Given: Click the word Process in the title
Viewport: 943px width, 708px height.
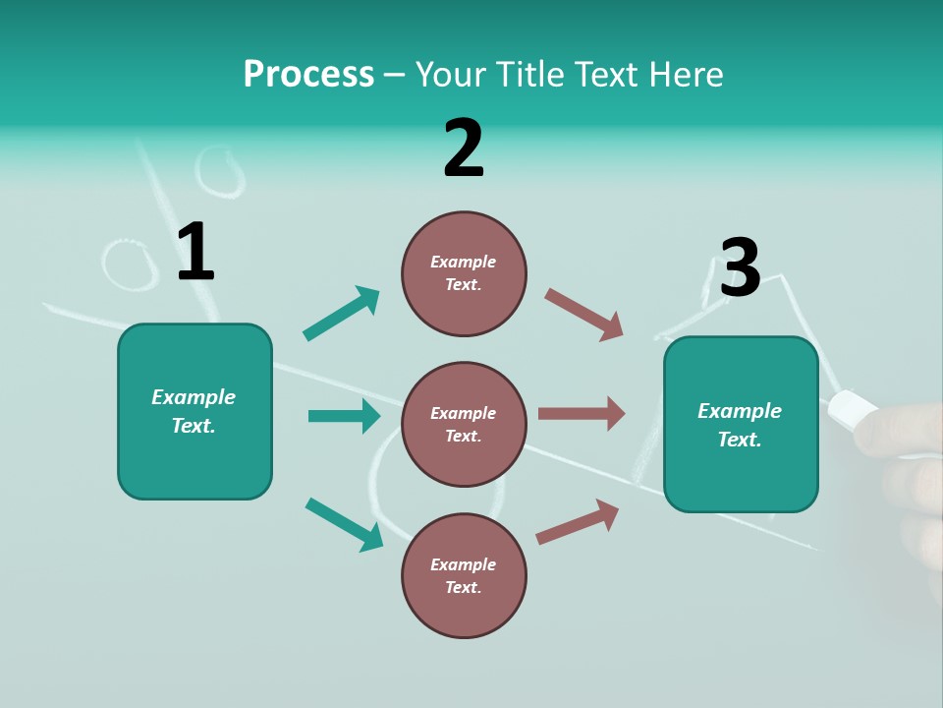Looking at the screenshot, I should (x=308, y=75).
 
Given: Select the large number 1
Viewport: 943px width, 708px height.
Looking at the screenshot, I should (x=195, y=253).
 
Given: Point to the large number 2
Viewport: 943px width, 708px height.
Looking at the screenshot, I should (x=464, y=148).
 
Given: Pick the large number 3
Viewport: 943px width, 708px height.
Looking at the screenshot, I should (x=740, y=268).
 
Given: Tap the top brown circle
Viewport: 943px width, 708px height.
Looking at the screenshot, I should (x=464, y=273).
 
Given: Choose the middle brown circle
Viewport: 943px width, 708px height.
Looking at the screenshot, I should (x=464, y=424).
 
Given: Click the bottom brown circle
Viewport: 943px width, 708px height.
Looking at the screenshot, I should (x=464, y=575).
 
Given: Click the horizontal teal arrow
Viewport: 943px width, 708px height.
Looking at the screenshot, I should (x=344, y=416).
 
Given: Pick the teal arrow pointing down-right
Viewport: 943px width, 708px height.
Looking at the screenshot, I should (x=344, y=524).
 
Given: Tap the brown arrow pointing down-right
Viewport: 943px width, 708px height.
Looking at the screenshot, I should (x=583, y=315).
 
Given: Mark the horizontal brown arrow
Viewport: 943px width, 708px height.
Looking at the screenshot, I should (x=582, y=413).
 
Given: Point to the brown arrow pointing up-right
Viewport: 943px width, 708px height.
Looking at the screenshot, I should (x=578, y=521).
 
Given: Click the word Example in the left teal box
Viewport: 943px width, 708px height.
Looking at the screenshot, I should (x=194, y=397).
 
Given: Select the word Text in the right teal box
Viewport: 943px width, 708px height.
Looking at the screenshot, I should (x=739, y=440).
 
